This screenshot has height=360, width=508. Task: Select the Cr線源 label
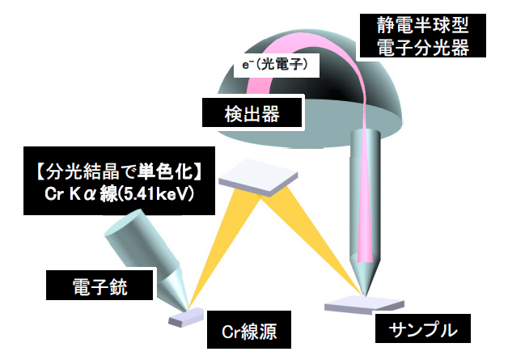pos(252,330)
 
